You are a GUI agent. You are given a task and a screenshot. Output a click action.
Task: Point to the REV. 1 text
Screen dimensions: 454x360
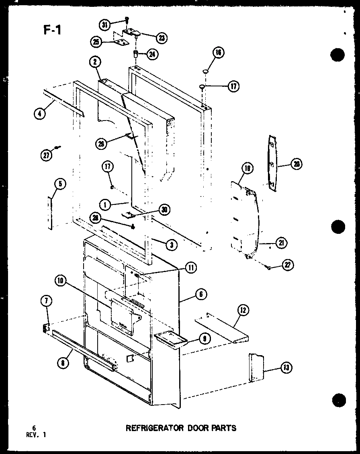click(35, 434)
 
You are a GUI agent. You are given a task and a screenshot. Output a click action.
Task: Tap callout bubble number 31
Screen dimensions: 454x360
click(105, 25)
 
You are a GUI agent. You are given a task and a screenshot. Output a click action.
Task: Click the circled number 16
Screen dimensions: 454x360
click(219, 53)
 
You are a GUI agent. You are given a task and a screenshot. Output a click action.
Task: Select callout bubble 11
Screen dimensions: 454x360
click(191, 268)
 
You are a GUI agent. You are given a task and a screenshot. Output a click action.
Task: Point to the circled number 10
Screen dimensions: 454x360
click(62, 282)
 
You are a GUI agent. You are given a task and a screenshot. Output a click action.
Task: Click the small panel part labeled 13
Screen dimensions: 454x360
click(256, 367)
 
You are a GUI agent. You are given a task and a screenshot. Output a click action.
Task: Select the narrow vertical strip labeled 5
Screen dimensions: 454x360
click(50, 213)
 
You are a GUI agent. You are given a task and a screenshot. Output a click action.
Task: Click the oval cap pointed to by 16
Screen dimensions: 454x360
click(205, 71)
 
